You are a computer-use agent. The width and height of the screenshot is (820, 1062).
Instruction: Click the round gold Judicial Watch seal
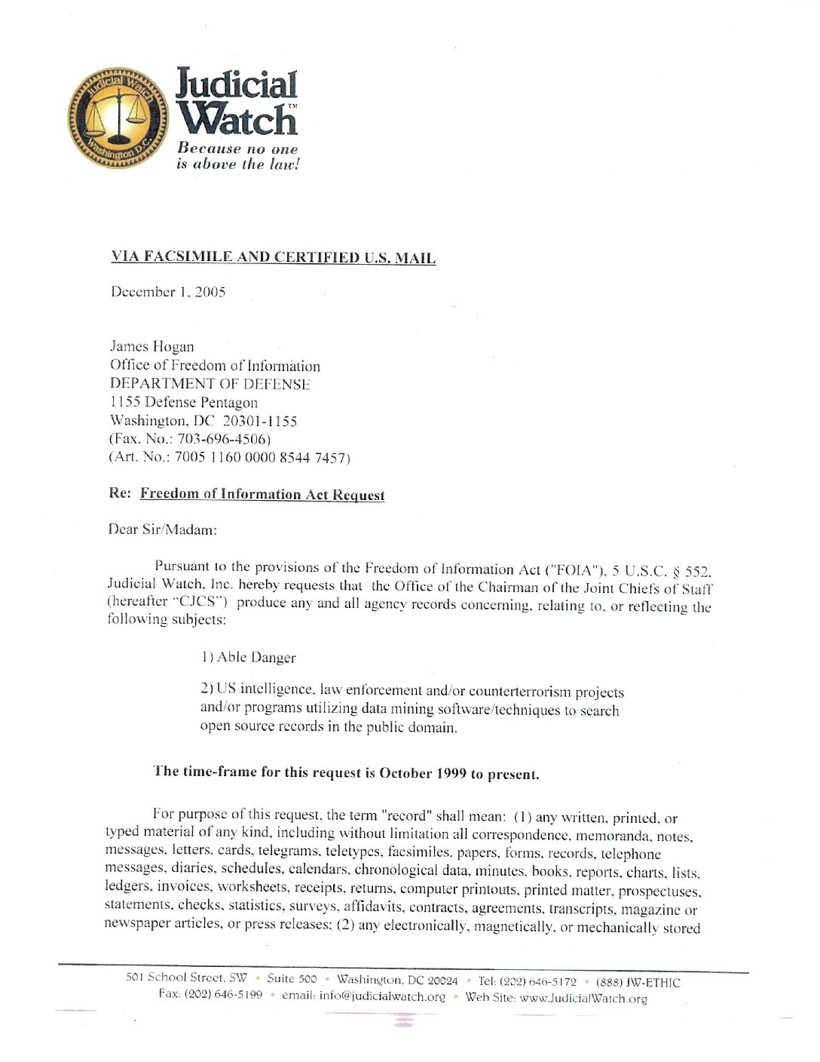118,118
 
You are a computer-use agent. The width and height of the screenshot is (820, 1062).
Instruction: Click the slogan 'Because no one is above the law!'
237,156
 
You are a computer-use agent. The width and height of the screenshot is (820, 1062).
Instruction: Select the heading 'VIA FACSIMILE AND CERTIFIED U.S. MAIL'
273,257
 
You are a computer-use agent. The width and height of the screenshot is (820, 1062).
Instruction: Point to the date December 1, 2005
168,292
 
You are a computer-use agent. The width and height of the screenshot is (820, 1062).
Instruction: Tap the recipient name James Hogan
152,346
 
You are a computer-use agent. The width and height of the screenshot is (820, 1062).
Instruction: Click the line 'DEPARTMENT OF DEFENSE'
210,384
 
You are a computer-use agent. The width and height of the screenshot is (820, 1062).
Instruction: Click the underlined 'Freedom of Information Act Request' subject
262,494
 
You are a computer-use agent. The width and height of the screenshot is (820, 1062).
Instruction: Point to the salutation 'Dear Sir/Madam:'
162,529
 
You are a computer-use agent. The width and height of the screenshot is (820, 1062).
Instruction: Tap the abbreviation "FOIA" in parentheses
575,570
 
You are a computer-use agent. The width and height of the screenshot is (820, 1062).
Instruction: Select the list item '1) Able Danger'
248,657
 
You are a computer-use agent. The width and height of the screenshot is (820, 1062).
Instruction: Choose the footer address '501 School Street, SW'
186,978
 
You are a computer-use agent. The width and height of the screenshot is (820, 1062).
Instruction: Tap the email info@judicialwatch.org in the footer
382,996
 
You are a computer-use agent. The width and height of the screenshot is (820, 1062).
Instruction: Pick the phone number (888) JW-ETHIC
638,982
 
